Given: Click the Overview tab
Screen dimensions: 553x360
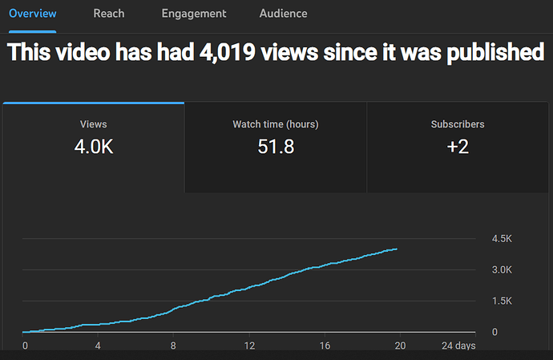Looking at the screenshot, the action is [x=32, y=14].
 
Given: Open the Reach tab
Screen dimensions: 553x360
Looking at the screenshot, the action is [x=109, y=14].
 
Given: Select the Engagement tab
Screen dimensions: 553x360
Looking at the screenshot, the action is [x=194, y=14].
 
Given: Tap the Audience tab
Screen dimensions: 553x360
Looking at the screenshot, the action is [x=283, y=14].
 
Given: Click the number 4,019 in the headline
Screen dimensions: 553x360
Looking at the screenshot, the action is [x=227, y=52].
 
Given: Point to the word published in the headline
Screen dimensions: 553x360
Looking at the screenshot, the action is [x=495, y=52].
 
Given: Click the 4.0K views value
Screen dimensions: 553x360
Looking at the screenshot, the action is [x=94, y=147].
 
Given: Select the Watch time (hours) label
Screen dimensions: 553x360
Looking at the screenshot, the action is [x=276, y=124].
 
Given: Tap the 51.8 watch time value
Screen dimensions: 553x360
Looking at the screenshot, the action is [x=276, y=147].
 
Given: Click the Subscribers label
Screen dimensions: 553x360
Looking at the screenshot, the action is [x=458, y=124].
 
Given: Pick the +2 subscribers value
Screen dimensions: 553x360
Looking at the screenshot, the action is [x=458, y=147].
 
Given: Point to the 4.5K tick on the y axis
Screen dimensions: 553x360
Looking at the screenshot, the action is [x=502, y=239].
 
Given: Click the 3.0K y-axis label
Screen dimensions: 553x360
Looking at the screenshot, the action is [x=502, y=269].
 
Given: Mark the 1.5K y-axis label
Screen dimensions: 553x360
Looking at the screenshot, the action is [x=502, y=301].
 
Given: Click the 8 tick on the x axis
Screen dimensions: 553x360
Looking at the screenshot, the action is [x=173, y=346].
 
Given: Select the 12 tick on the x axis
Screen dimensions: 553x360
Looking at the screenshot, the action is [x=249, y=346].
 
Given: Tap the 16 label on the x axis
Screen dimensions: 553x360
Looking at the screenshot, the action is [x=325, y=346].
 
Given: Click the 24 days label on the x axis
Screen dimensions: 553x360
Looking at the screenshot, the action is [x=458, y=346].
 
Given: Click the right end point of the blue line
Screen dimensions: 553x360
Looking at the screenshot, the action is [x=397, y=249].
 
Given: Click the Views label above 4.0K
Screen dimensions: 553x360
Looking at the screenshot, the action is [x=94, y=124].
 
